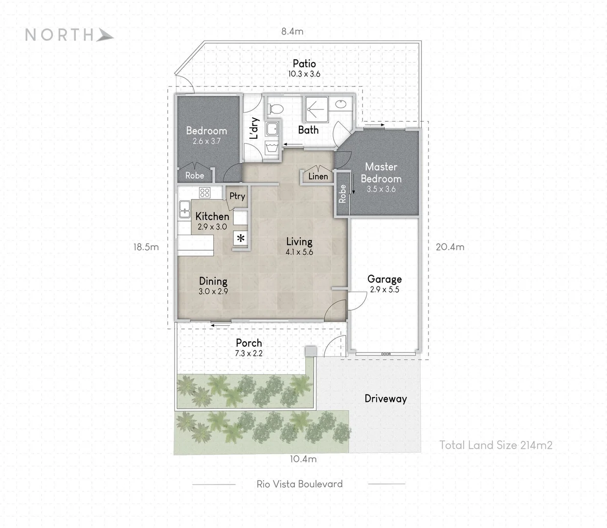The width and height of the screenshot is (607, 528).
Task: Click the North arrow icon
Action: pos(105,35)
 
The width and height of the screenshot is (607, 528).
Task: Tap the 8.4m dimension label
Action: pos(292,31)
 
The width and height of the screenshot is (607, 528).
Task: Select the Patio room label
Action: pos(304,64)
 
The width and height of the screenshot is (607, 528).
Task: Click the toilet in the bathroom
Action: pos(275,109)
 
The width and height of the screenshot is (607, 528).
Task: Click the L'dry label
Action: pos(254,129)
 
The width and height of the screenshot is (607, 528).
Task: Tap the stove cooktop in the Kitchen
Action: pos(204,193)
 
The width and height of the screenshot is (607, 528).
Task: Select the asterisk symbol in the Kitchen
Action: pos(241,238)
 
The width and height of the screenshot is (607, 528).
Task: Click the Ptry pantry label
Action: pos(237,196)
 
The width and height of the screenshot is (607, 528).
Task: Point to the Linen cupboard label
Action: pos(318,176)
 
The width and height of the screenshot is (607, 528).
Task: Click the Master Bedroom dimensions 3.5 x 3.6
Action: pos(381,189)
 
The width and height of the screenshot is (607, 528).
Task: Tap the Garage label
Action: pos(384,279)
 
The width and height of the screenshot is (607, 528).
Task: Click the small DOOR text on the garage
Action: pos(386,354)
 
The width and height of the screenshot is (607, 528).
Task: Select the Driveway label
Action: pos(385,398)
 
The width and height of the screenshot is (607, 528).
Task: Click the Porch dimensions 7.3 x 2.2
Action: pos(248,353)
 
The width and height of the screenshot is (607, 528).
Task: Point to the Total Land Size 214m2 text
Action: pos(495,445)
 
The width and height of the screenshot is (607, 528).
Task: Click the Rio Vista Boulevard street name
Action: pos(299,484)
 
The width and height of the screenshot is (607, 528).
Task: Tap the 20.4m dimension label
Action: pos(450,247)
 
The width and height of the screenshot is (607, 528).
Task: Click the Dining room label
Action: pos(213,281)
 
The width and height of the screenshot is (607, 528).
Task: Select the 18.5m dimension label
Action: pos(146,247)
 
